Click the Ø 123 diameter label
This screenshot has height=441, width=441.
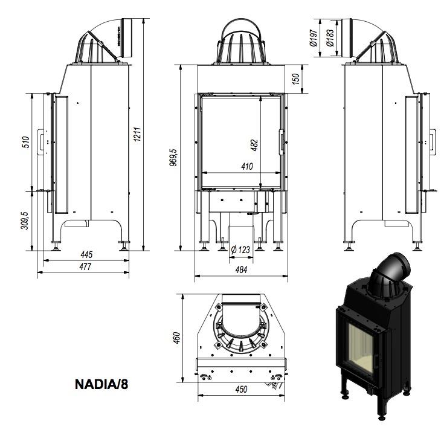241,249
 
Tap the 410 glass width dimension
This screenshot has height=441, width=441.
247,167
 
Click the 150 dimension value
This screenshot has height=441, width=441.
296,79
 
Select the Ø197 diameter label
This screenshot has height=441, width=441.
313,37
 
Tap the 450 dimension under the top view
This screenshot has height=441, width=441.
241,390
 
